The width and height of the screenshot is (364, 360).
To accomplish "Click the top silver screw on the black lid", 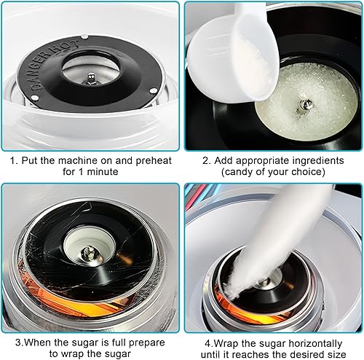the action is click(84, 37).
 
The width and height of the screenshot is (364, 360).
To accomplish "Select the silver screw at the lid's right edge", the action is click(153, 91).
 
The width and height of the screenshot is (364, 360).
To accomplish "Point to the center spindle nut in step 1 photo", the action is click(91, 78).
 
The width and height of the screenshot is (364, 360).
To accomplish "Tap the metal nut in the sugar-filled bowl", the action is click(304, 106).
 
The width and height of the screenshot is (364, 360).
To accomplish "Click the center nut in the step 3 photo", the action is click(89, 254).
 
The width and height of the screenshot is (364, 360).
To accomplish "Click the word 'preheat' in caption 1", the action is click(154, 161).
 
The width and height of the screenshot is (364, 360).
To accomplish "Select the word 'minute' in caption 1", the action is click(103, 172).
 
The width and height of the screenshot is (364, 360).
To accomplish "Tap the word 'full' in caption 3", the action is click(119, 343).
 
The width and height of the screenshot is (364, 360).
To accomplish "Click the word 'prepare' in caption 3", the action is click(147, 343).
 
